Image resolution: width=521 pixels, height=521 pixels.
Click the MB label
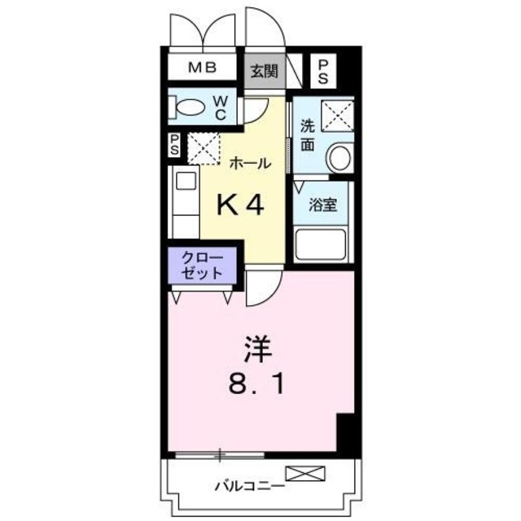click(x=204, y=68)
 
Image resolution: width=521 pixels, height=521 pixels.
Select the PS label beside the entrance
click(x=323, y=69)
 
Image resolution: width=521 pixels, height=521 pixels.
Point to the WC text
click(x=220, y=107)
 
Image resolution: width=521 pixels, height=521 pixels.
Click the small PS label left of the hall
click(x=174, y=145)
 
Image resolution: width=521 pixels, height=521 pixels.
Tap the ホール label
click(x=250, y=163)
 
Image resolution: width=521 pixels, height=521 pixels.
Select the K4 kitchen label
click(x=240, y=205)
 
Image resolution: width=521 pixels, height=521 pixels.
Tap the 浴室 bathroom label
click(x=322, y=204)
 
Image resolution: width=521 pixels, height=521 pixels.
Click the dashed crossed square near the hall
click(x=204, y=147)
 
